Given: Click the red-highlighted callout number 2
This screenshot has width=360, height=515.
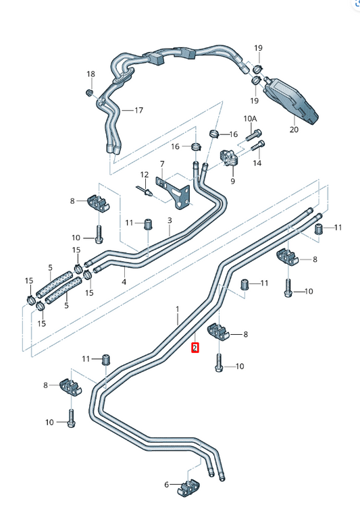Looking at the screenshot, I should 195,348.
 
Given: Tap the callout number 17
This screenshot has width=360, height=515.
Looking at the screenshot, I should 138,110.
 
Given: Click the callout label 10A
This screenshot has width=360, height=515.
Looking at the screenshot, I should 251,119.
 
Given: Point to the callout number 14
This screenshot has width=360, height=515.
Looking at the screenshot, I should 257,163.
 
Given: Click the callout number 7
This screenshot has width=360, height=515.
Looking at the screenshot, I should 162,164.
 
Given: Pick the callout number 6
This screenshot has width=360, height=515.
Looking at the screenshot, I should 167,484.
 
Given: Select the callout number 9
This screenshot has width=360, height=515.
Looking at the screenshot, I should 232,181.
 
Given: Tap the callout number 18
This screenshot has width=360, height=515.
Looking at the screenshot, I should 91,74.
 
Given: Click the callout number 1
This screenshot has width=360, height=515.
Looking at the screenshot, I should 178,308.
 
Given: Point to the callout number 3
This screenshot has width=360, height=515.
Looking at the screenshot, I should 170,221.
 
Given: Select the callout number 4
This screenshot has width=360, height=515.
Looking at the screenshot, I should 124,281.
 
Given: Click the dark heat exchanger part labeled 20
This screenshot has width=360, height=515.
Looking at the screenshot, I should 292,100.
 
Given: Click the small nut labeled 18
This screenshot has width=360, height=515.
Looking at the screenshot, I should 89,91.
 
